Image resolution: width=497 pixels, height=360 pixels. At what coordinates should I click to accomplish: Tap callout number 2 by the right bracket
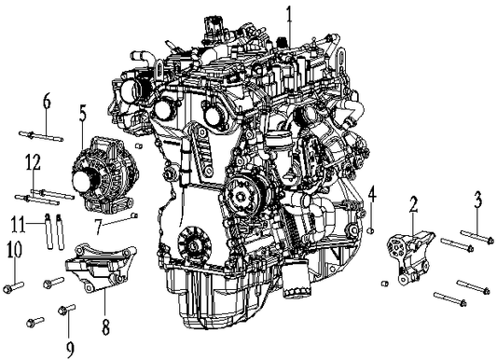coord(413,204)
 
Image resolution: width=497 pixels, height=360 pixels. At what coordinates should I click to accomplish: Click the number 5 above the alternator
coord(83,115)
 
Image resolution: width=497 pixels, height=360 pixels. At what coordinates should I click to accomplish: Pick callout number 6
coord(46,103)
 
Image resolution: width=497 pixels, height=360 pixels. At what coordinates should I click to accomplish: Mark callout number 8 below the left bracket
coord(105,326)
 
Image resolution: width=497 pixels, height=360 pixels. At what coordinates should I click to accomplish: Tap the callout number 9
coord(68,325)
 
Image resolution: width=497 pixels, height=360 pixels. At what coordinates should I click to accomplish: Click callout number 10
coord(13,250)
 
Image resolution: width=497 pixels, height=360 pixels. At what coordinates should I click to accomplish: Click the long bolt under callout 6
coord(39,134)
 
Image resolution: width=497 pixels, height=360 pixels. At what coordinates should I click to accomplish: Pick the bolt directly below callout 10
coord(11,284)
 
